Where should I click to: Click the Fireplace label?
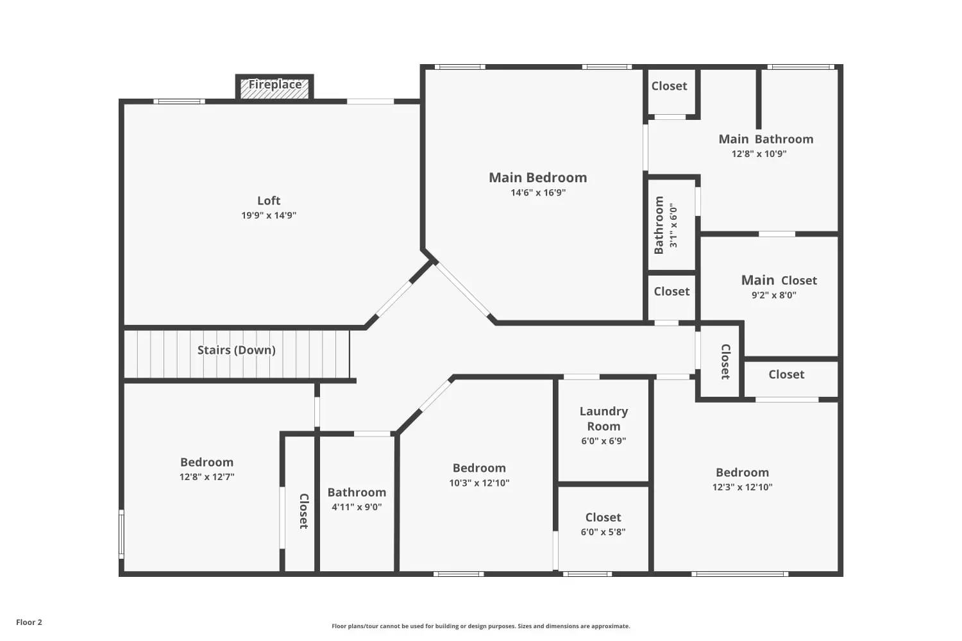(x=275, y=85)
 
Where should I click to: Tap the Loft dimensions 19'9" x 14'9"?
(x=269, y=215)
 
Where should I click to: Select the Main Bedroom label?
(x=537, y=178)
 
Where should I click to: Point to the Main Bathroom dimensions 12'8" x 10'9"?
(x=759, y=154)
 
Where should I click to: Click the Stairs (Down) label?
(x=236, y=350)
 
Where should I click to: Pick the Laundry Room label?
(x=603, y=419)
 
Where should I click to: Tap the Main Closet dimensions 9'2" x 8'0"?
(x=774, y=295)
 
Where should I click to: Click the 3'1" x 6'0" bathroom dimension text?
(x=673, y=226)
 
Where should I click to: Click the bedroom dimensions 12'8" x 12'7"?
(x=207, y=476)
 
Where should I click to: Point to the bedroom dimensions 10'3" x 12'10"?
(x=479, y=483)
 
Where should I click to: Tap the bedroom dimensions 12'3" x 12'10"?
(x=742, y=487)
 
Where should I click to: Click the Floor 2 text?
(x=30, y=622)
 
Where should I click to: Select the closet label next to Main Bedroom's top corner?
(x=669, y=86)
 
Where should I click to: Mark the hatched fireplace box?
(x=274, y=88)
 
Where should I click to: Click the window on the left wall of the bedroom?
(x=122, y=534)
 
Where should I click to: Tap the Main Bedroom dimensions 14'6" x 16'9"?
(x=538, y=192)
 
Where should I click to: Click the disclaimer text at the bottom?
(x=480, y=626)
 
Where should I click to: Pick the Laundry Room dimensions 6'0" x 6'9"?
(x=603, y=441)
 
